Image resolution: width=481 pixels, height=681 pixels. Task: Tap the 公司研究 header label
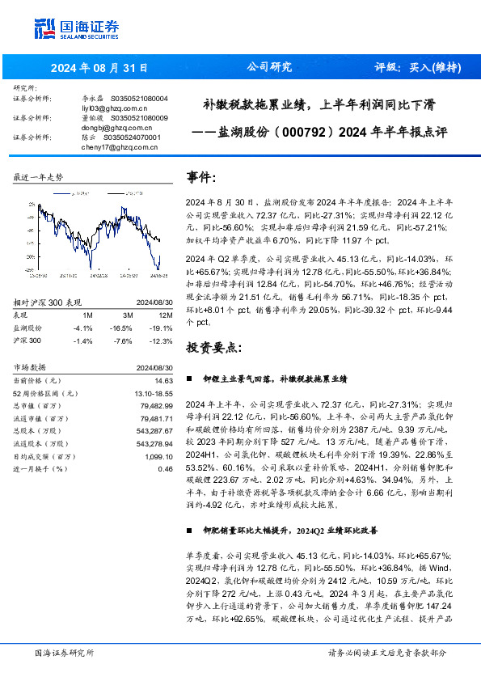(268, 67)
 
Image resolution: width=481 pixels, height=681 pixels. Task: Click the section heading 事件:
(201, 177)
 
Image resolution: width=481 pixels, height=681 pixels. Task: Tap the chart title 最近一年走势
(39, 176)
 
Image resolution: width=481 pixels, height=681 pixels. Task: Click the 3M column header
(128, 315)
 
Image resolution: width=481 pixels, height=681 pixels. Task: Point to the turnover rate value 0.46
(166, 469)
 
